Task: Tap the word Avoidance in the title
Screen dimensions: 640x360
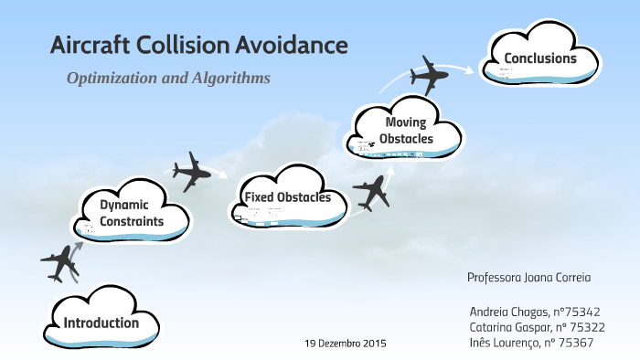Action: [x=293, y=45]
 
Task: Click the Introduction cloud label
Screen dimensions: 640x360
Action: [x=101, y=323]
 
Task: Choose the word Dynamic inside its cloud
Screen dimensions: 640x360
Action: [x=124, y=205]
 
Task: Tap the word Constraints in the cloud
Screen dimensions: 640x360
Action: [x=132, y=221]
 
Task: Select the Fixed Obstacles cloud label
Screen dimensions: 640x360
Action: [x=288, y=197]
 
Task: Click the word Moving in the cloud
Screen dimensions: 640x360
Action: [x=405, y=122]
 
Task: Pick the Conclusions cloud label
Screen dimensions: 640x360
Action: [x=539, y=59]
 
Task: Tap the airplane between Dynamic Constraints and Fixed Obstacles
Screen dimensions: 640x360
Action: [x=193, y=171]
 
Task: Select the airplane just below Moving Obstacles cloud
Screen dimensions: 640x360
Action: [x=371, y=192]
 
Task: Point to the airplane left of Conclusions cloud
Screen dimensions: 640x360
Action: [x=431, y=76]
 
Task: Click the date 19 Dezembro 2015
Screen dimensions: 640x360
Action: [x=345, y=344]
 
